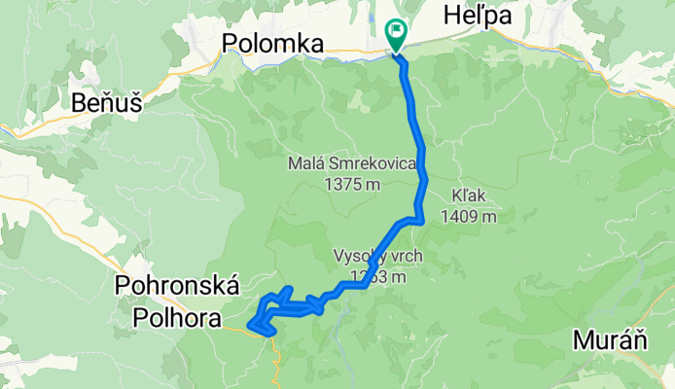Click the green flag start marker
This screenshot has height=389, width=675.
click(x=397, y=33)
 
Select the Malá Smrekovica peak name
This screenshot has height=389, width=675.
click(x=353, y=163)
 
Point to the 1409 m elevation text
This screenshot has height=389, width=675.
click(x=468, y=216)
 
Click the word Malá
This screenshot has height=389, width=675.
click(x=306, y=163)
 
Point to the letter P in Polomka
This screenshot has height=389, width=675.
click(x=231, y=43)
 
